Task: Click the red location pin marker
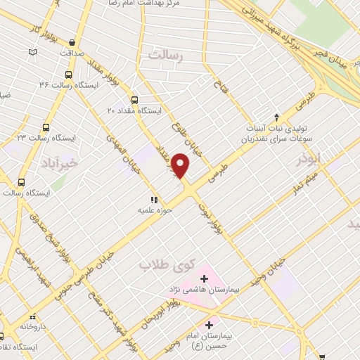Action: click(181, 165)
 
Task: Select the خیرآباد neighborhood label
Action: click(33, 162)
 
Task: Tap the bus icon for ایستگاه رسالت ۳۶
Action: click(68, 75)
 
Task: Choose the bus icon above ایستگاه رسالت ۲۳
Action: click(46, 127)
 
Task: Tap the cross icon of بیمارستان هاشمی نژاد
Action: click(205, 278)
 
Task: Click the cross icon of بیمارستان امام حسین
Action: click(209, 325)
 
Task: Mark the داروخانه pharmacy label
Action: click(33, 327)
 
